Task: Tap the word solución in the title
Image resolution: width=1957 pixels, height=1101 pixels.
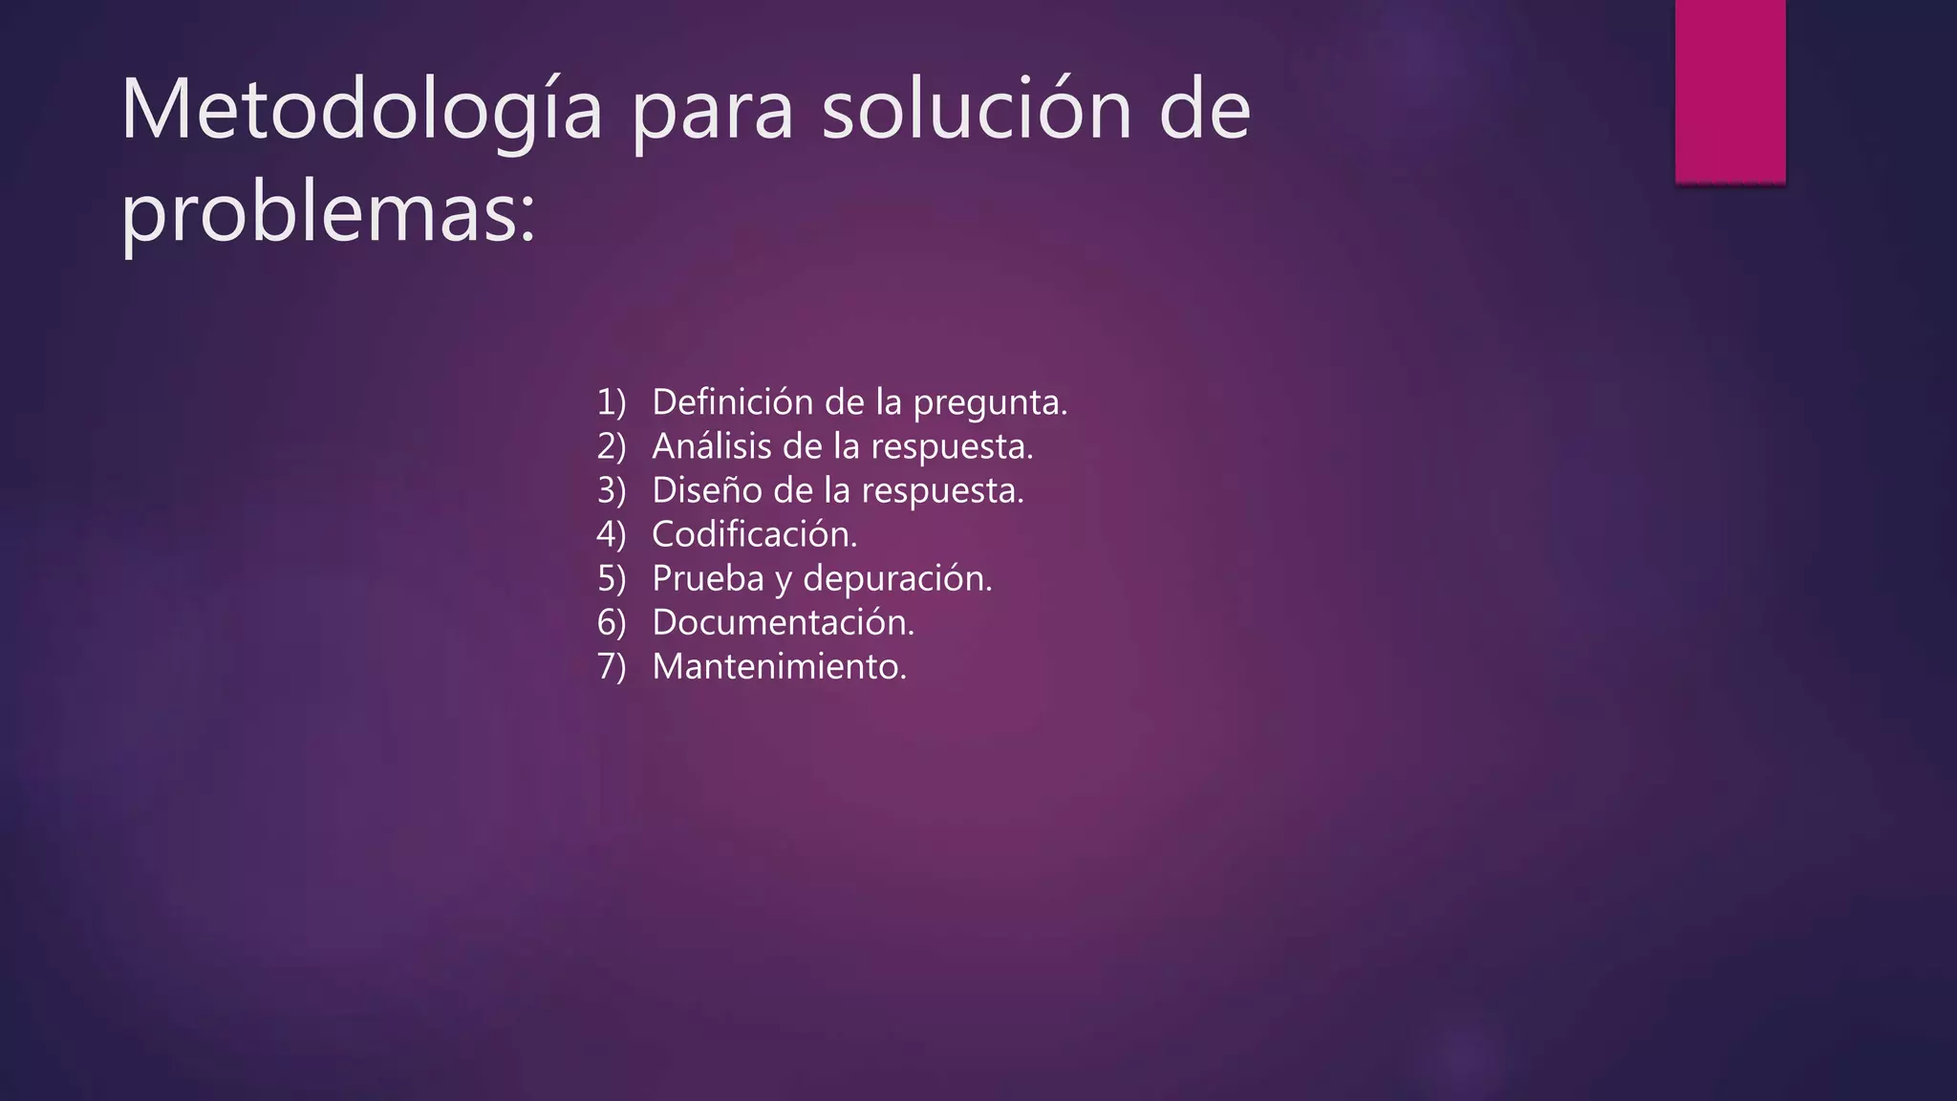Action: click(x=977, y=111)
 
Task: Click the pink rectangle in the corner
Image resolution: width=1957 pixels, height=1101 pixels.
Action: click(x=1730, y=92)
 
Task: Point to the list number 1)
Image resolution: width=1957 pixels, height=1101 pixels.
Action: click(x=611, y=402)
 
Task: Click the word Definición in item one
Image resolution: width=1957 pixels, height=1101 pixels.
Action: click(x=733, y=402)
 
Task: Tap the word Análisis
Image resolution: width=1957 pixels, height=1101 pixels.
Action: click(x=712, y=446)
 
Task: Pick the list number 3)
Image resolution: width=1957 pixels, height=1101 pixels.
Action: click(x=611, y=490)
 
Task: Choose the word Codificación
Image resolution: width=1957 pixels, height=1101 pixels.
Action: click(x=753, y=534)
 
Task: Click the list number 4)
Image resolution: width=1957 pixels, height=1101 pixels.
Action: click(x=611, y=534)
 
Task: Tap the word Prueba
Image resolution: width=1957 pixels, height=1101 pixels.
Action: click(x=708, y=578)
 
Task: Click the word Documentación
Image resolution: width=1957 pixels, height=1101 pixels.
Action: click(x=783, y=622)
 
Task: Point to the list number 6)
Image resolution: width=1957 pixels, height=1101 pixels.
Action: click(x=611, y=622)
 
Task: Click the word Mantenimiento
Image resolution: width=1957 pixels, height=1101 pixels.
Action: click(x=778, y=666)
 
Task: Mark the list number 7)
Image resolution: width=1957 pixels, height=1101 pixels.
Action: click(x=611, y=666)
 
